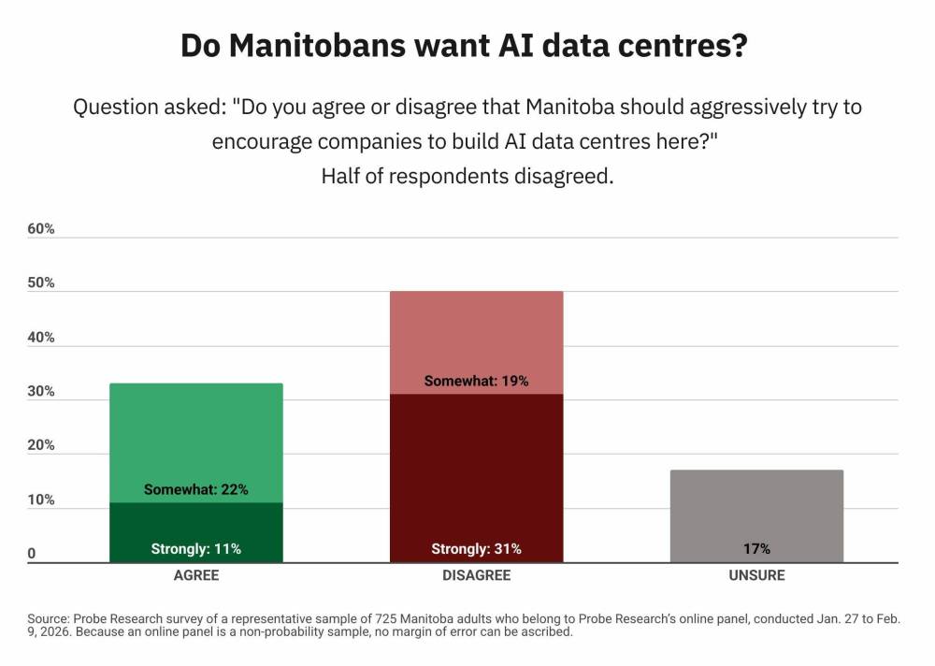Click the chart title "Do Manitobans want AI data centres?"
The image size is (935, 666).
(x=464, y=46)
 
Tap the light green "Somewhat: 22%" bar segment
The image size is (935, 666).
(x=196, y=440)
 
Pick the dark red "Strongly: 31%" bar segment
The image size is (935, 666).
(x=476, y=477)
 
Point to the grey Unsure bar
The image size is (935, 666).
(x=756, y=514)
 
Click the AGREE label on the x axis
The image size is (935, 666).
(x=196, y=575)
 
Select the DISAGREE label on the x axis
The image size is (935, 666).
(x=476, y=575)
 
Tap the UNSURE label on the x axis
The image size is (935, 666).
(x=756, y=575)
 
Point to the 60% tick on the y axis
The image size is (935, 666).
(x=41, y=229)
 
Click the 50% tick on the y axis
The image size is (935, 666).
(x=41, y=283)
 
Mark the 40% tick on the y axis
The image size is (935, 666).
(x=41, y=338)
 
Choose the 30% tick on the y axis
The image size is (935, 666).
(x=41, y=392)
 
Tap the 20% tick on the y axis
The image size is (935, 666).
(x=41, y=445)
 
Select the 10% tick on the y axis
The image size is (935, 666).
(x=41, y=499)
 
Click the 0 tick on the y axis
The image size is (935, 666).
(x=32, y=554)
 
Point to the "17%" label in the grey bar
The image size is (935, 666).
(x=756, y=549)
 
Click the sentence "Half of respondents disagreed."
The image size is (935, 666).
(x=467, y=176)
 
